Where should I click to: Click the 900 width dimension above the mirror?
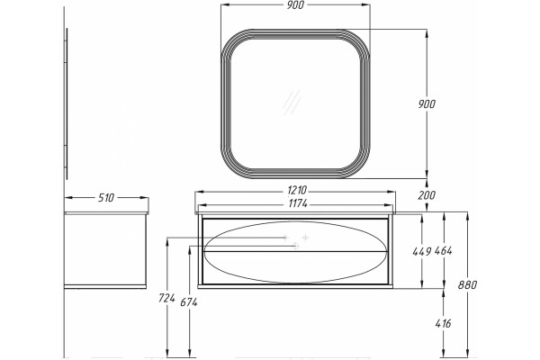[295, 5]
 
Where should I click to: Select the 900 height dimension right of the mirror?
[427, 103]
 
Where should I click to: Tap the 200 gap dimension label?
[427, 195]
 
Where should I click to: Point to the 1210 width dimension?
[297, 190]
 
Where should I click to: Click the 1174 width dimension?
[298, 203]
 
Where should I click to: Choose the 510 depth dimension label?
[106, 198]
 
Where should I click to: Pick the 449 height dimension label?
[422, 251]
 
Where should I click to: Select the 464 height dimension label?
[443, 251]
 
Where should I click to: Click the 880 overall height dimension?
[468, 285]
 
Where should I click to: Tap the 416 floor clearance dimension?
[443, 323]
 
